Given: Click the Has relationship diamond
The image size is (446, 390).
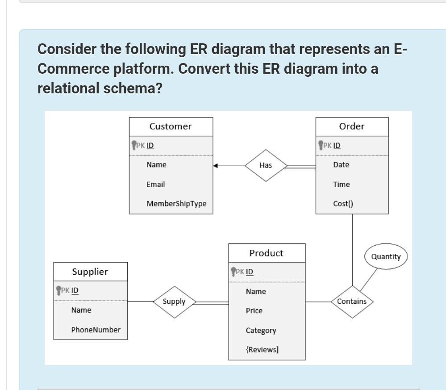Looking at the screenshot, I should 266,165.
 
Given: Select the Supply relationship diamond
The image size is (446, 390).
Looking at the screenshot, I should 174,302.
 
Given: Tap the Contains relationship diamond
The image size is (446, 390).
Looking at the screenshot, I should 352,302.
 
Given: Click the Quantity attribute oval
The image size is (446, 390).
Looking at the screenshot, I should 386,256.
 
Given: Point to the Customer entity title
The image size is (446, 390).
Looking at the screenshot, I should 171,126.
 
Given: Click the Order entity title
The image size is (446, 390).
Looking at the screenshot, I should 352,126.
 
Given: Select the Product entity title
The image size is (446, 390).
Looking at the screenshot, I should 267,253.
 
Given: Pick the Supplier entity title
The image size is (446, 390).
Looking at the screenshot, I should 90,272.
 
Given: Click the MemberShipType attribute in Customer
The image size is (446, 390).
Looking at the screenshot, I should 176,204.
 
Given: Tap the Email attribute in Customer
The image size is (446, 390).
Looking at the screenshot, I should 155,184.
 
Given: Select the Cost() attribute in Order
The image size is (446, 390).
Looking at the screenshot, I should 343,204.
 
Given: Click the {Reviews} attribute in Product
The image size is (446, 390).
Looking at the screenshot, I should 262,349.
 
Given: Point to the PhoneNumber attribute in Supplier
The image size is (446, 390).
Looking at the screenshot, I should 96,330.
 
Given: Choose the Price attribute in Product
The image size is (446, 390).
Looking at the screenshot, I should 254,310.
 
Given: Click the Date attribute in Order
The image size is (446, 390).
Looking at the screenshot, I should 341,165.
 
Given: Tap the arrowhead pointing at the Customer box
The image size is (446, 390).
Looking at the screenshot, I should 216,166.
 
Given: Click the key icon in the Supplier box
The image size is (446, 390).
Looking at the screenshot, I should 58,290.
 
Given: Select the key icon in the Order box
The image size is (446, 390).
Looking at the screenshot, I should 320,145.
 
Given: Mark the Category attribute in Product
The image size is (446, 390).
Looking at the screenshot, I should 261,330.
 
